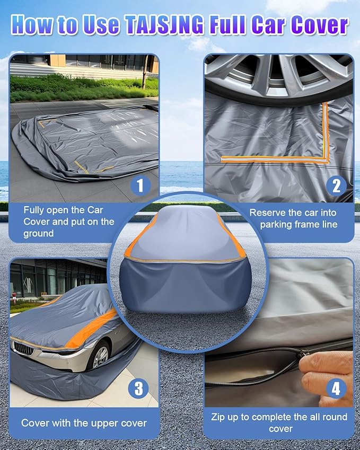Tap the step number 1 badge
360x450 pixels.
pyautogui.click(x=139, y=185)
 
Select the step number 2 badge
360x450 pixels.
pyautogui.click(x=336, y=185)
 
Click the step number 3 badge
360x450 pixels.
pyautogui.click(x=138, y=389)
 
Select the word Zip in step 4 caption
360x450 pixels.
pyautogui.click(x=218, y=417)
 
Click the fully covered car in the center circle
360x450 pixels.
pyautogui.click(x=180, y=265)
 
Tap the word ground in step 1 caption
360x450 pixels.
pyautogui.click(x=38, y=233)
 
